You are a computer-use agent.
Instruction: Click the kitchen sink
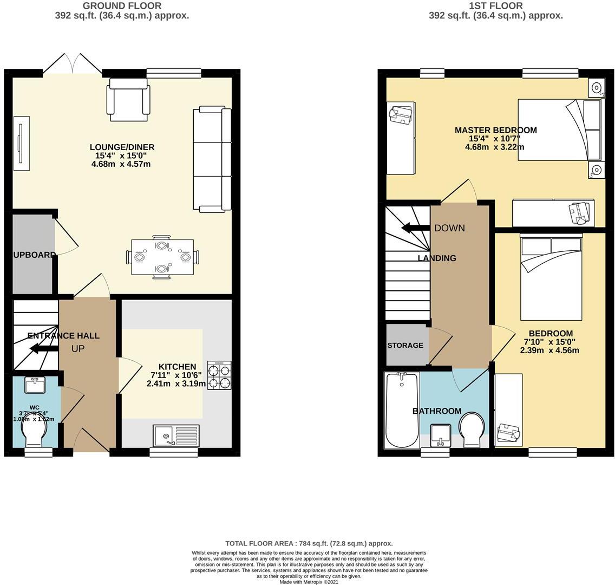176,435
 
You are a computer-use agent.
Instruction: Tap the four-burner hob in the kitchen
219,375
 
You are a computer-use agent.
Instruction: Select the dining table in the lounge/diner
162,257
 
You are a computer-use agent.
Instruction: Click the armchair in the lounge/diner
128,100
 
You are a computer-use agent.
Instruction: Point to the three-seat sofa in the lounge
212,159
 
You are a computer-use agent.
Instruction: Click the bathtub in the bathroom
401,410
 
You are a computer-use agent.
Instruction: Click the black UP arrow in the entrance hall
44,348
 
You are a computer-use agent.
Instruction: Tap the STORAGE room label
405,345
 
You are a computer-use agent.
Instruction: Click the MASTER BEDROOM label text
495,130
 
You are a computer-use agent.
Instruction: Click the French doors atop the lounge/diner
72,64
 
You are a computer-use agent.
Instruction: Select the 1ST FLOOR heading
495,6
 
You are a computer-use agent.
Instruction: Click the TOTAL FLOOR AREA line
309,543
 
